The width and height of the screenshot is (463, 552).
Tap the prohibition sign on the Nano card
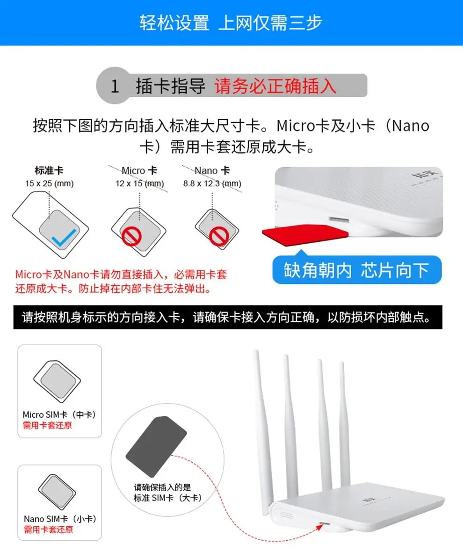tap(218, 237)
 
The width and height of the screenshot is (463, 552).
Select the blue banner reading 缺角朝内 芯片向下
tap(357, 270)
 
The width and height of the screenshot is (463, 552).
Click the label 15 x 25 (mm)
tap(50, 184)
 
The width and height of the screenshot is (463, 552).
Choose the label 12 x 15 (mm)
tap(140, 184)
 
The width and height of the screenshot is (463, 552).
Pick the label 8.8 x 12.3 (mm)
tap(212, 184)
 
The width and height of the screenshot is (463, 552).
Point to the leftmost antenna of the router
tap(262, 421)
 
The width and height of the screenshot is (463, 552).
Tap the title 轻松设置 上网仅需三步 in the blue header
tap(231, 22)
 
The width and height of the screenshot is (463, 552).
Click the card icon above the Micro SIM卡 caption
tap(58, 381)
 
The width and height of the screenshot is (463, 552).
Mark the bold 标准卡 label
tap(49, 171)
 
